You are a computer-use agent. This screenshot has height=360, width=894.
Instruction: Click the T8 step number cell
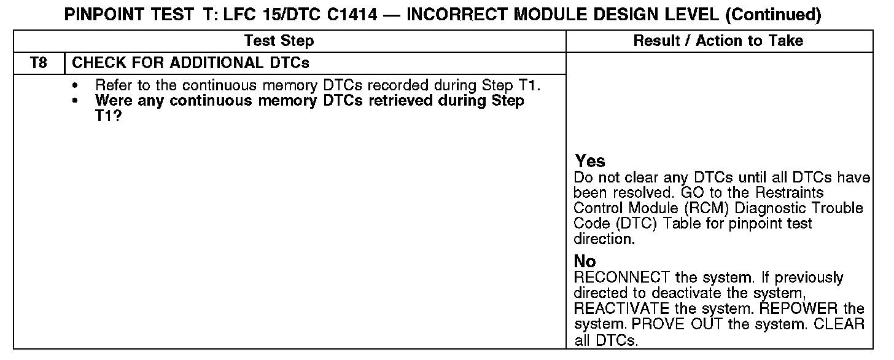click(38, 63)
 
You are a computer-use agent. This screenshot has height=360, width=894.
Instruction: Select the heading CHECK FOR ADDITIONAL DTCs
click(191, 63)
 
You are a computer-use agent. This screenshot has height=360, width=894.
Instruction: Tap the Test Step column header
click(279, 41)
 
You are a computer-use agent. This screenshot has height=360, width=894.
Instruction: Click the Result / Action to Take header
click(718, 41)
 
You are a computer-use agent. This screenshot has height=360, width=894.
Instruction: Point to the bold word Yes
click(590, 162)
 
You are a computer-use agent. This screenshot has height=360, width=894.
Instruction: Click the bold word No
click(585, 262)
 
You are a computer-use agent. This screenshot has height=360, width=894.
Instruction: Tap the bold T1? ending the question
click(108, 115)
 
